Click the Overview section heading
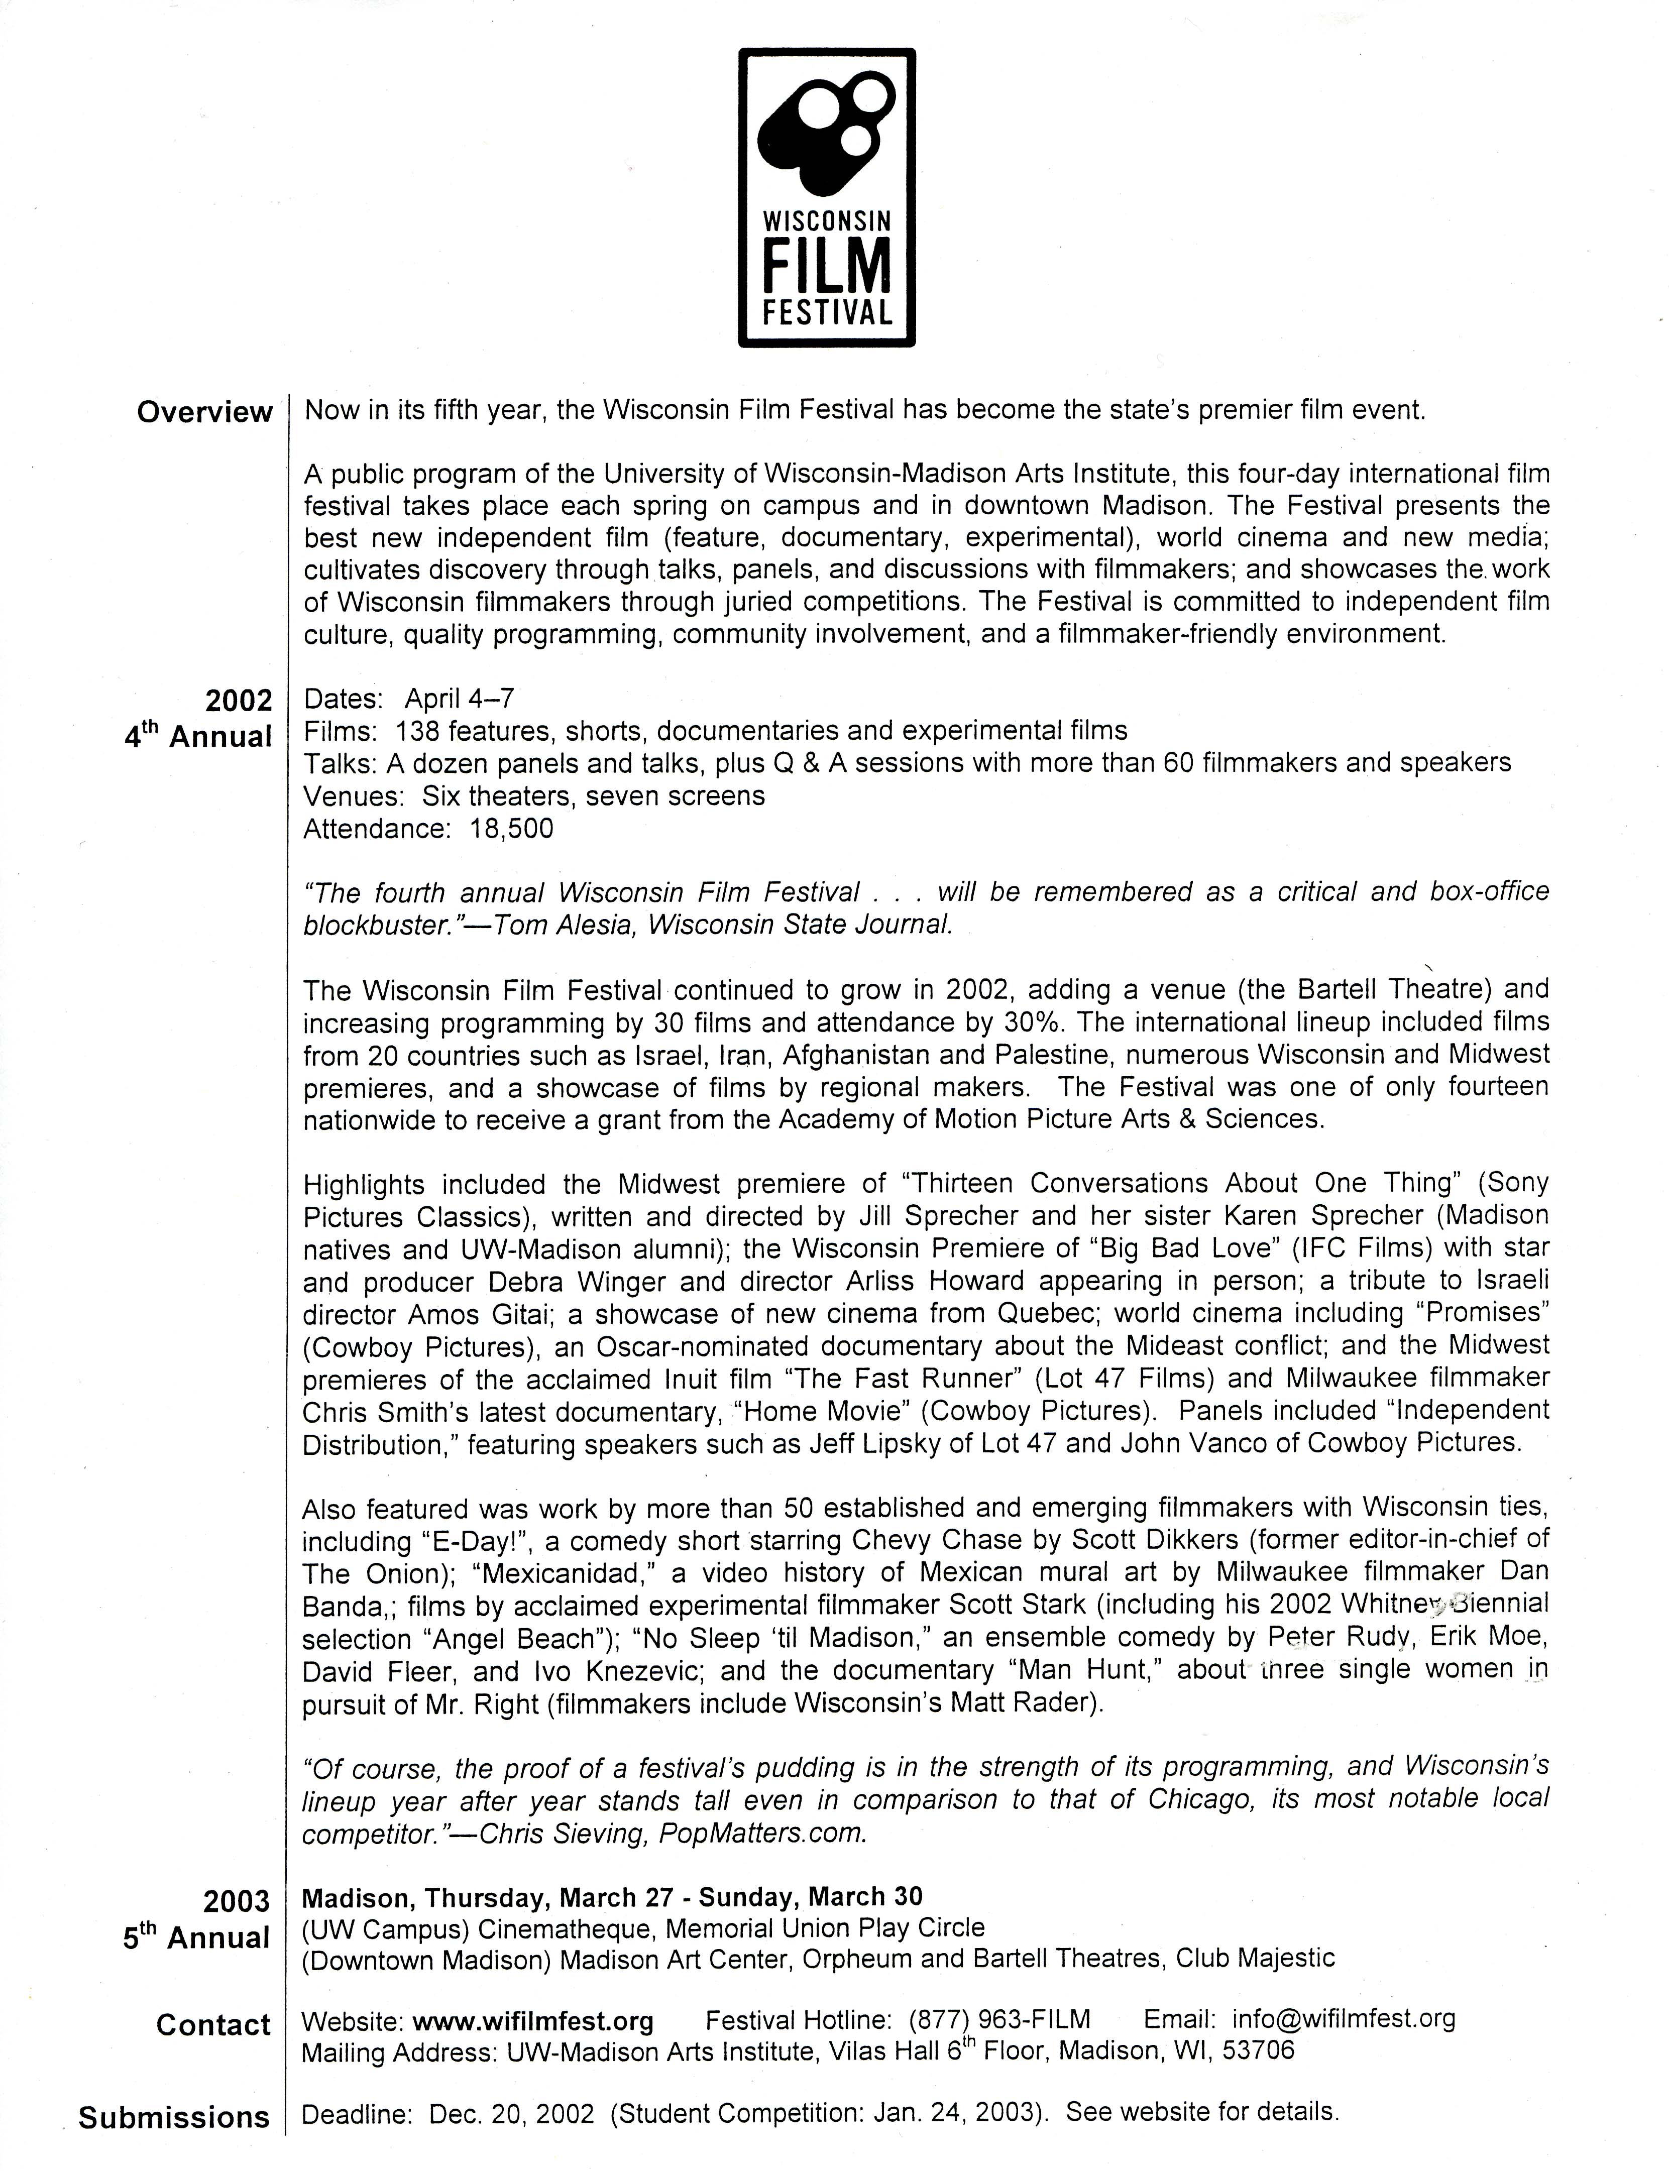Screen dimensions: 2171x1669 coord(204,412)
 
